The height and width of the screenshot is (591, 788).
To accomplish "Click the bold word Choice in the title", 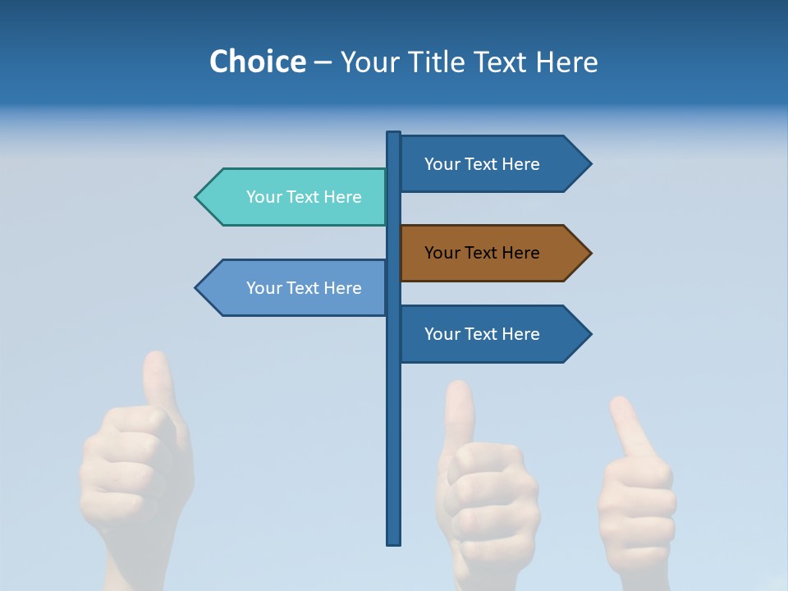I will tap(257, 62).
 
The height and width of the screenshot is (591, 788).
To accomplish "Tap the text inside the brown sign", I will tap(482, 253).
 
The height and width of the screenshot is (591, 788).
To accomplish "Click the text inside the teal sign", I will tap(304, 197).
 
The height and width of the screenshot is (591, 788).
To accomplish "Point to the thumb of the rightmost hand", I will tap(628, 423).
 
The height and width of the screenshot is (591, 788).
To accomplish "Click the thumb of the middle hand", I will tap(460, 410).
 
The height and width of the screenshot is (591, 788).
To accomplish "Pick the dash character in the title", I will tap(323, 62).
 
